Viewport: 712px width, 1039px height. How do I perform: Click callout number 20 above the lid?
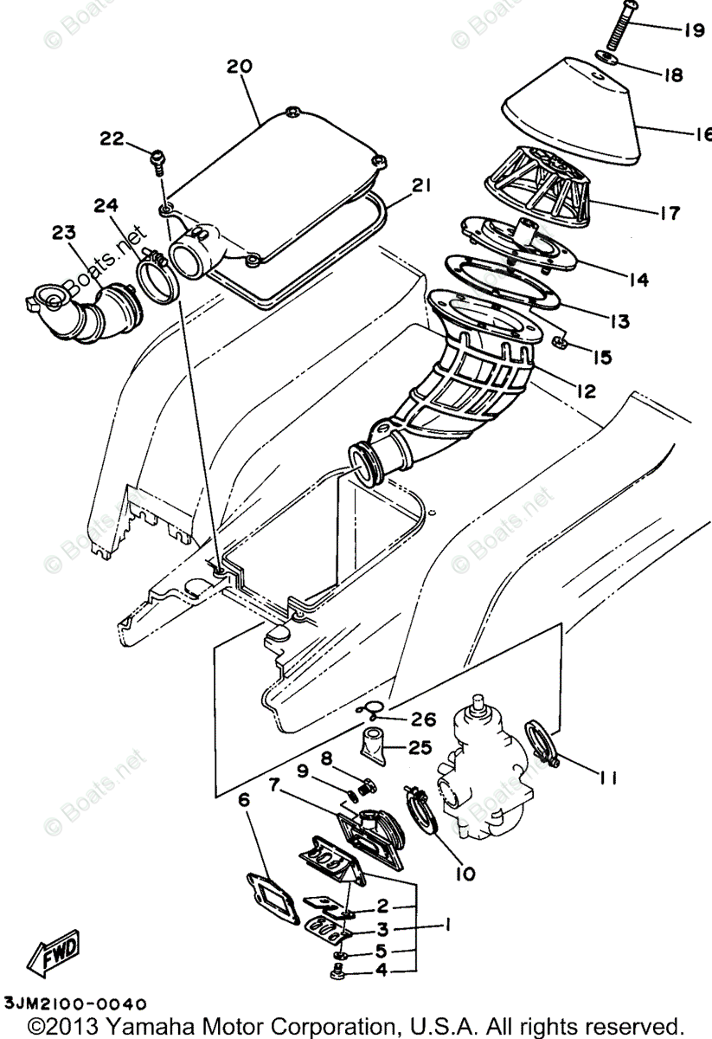point(239,67)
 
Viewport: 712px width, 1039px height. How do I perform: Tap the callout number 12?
point(587,391)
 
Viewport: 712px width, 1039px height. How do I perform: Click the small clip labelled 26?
point(371,712)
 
